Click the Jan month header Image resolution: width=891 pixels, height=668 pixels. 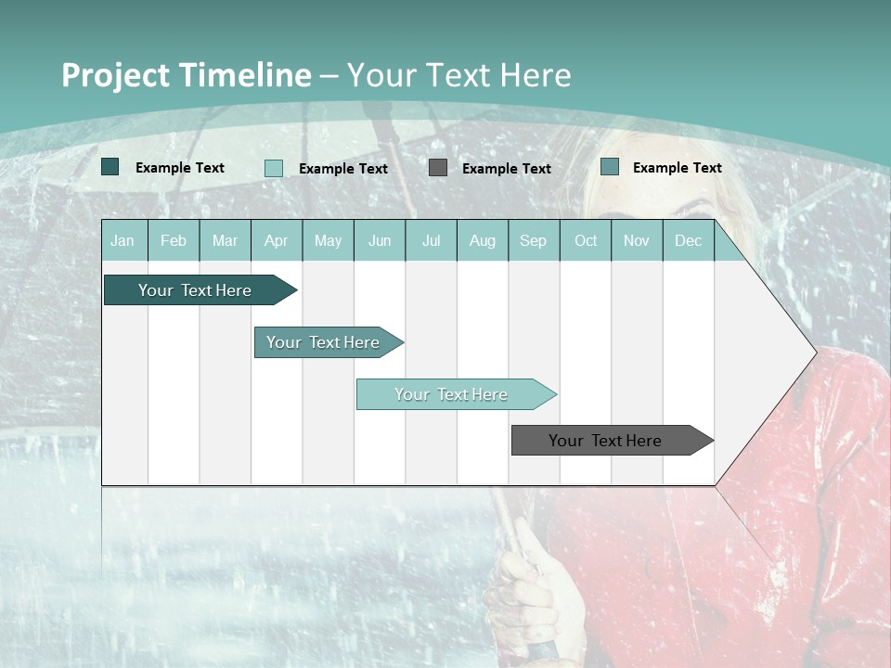[123, 240]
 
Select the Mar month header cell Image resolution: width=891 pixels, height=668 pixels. [225, 240]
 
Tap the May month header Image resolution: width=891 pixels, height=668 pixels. [328, 240]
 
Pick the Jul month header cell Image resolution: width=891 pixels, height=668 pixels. [431, 240]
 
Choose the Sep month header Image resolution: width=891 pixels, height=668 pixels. [533, 240]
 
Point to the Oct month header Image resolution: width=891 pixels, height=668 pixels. [586, 240]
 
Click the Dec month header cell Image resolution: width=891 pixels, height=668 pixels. [688, 240]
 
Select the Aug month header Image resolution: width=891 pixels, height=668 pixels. [482, 240]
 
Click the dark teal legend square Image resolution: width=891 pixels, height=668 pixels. [110, 167]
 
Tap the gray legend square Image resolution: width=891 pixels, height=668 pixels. [438, 168]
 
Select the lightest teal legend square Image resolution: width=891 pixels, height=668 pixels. [274, 168]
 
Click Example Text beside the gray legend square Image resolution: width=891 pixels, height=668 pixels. [506, 169]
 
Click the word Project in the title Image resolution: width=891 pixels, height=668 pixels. [116, 75]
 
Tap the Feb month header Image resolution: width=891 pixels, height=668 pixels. [174, 240]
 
